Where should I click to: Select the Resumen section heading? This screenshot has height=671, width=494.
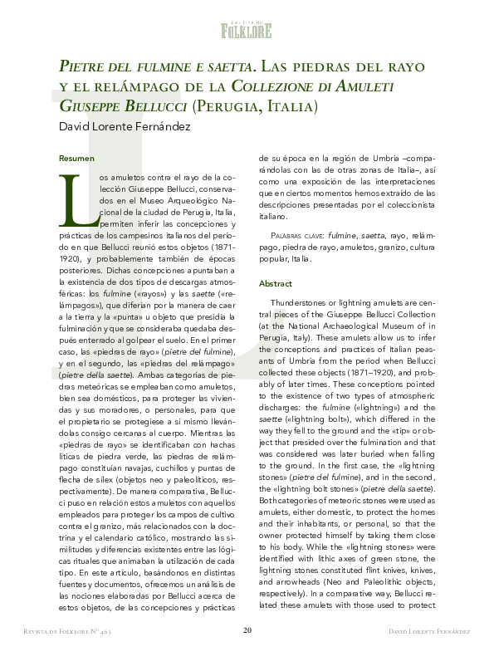[x=76, y=158]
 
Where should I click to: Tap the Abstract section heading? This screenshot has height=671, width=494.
[x=276, y=283]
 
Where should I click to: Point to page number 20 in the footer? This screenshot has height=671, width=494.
[x=247, y=654]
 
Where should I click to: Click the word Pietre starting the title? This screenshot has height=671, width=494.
[x=81, y=65]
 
